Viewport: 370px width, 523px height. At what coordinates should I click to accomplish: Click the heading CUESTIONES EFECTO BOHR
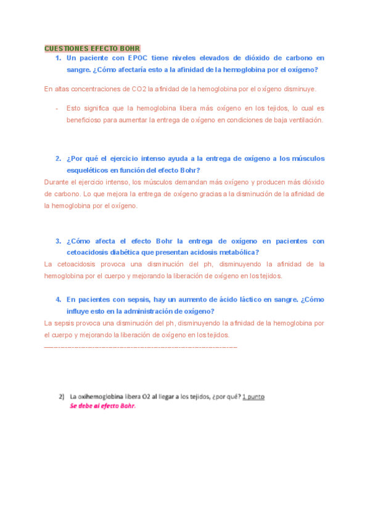point(92,48)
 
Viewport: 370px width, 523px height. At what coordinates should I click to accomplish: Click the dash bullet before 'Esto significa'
point(57,107)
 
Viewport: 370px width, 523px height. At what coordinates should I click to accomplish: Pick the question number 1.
point(58,58)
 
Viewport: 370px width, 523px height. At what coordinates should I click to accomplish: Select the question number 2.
point(58,159)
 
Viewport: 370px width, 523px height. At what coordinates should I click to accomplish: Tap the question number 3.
point(58,241)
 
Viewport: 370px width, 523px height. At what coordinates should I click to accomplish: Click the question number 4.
point(58,299)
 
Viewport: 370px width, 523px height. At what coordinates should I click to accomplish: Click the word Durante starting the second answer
point(57,183)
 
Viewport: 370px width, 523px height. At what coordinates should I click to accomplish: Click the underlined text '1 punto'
point(253,397)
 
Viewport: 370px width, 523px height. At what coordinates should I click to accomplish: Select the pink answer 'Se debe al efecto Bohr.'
point(102,406)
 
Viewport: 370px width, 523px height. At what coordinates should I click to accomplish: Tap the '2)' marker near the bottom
point(62,397)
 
